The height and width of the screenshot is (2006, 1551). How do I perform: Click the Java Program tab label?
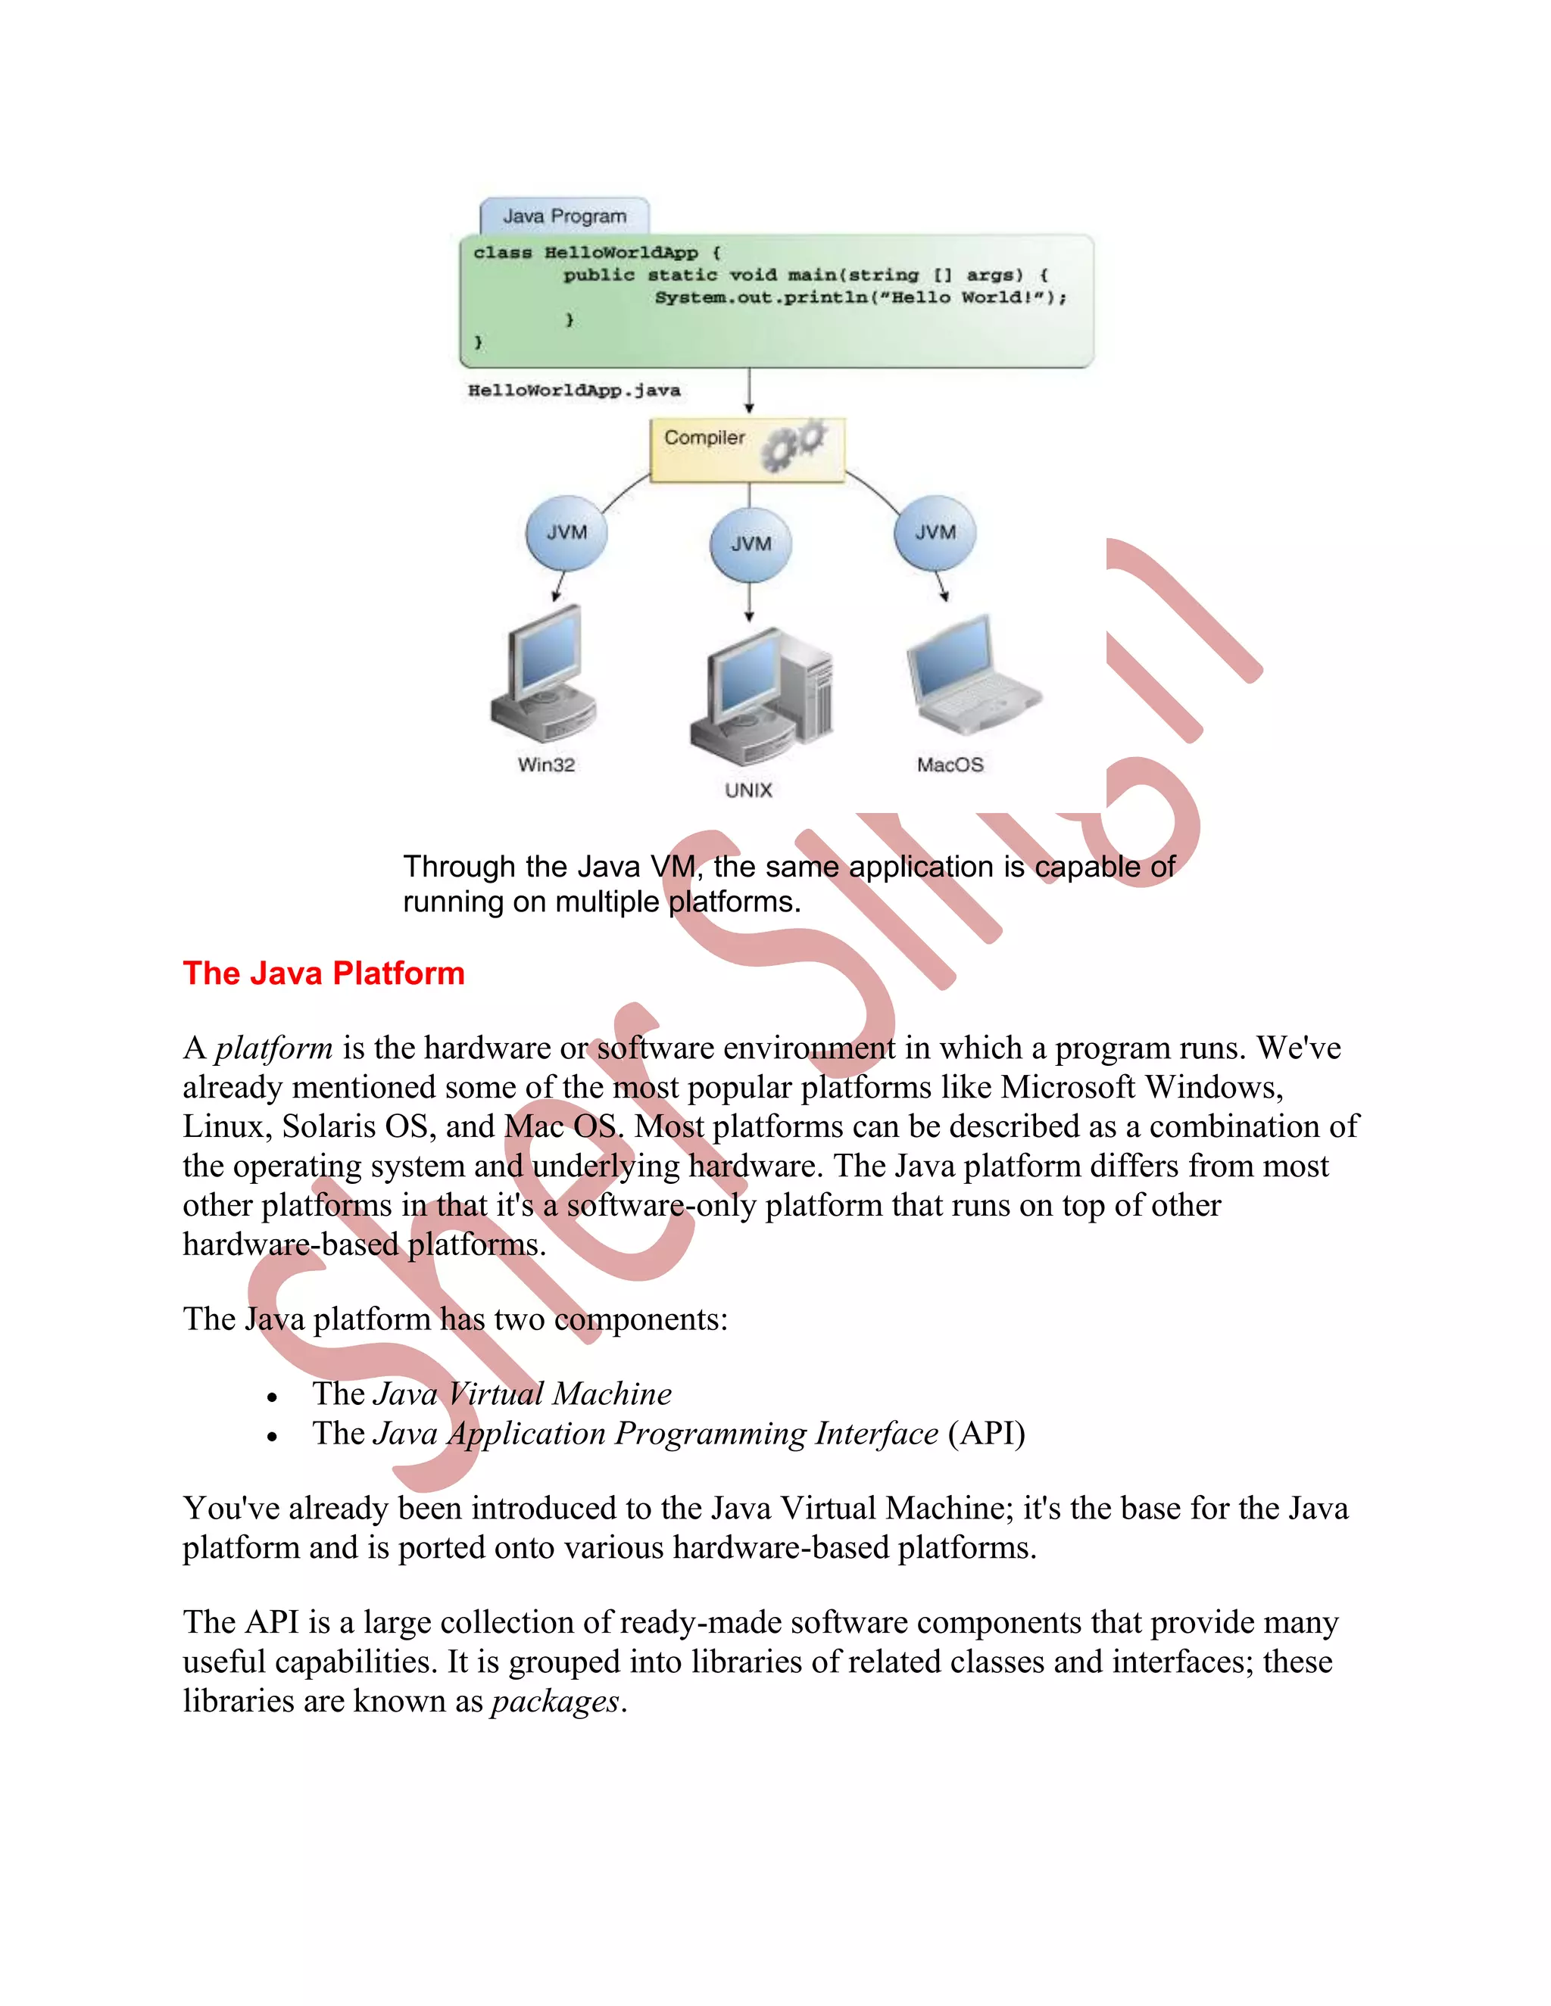click(x=564, y=216)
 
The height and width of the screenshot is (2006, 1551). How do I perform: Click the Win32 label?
click(x=546, y=765)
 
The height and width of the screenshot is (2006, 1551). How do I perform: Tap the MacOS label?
click(x=950, y=765)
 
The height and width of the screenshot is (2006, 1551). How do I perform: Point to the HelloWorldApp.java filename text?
click(x=574, y=391)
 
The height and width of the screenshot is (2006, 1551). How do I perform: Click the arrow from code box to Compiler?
click(x=749, y=392)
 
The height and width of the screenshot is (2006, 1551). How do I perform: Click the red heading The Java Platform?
click(x=323, y=973)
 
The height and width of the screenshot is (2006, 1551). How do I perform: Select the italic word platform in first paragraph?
click(x=274, y=1048)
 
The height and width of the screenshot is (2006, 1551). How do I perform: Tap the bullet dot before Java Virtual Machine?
click(x=272, y=1397)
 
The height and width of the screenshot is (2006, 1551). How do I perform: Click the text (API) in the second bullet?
click(x=986, y=1434)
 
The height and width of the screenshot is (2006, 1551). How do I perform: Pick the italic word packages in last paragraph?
click(x=555, y=1702)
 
